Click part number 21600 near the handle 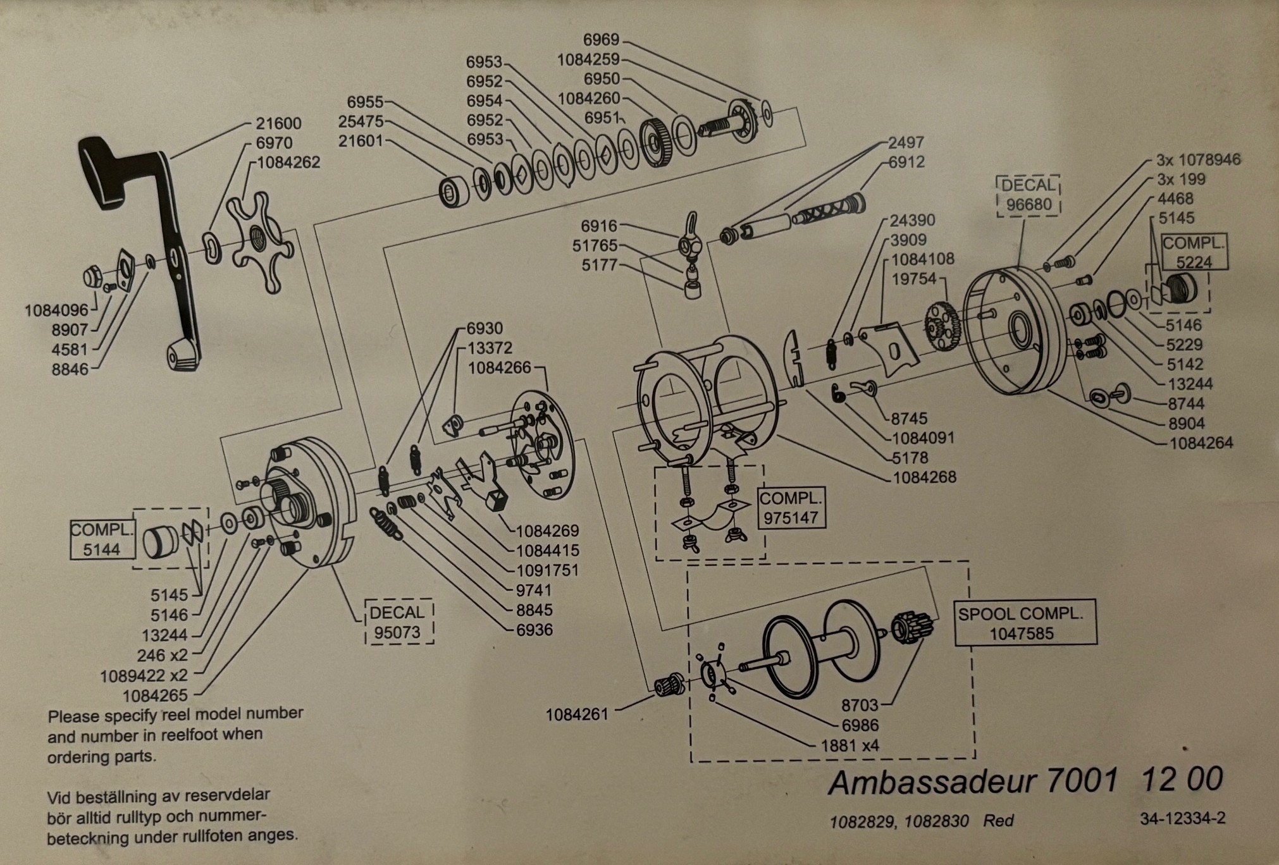278,123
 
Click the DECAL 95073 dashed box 399,622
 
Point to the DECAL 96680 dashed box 1029,195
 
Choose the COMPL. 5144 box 102,540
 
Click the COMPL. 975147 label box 791,508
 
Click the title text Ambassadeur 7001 973,782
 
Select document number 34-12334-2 1183,818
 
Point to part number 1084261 577,715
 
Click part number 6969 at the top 601,40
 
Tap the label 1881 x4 850,745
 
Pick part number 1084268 924,477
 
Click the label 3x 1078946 1199,159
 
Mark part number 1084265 156,696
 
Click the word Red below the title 999,821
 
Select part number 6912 906,163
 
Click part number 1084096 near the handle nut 57,310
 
